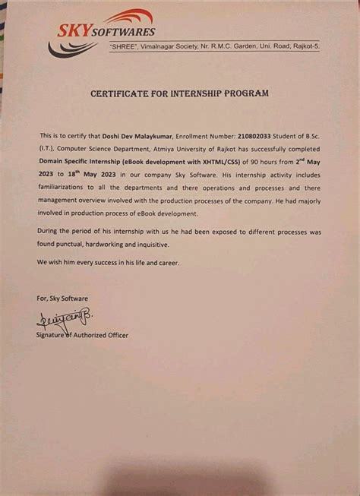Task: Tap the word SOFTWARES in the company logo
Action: (x=125, y=32)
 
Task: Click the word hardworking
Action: (x=116, y=244)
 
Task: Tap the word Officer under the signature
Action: (x=115, y=335)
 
